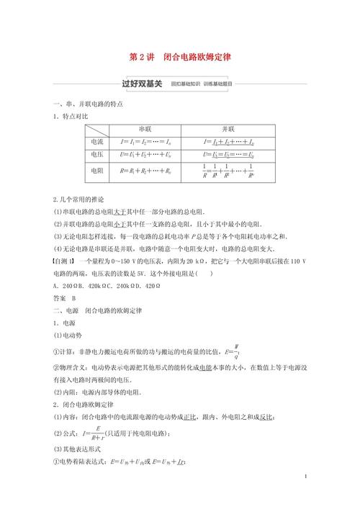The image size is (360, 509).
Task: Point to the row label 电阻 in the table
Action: pyautogui.click(x=96, y=171)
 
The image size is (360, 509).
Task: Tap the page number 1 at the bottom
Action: pyautogui.click(x=306, y=477)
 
